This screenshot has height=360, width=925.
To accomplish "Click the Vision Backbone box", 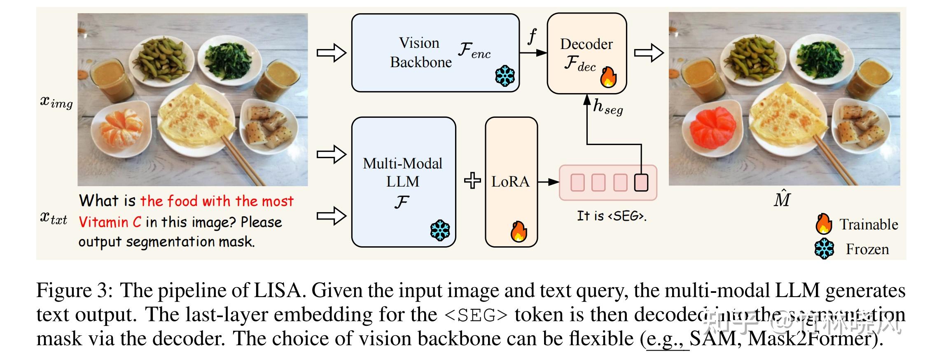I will [435, 53].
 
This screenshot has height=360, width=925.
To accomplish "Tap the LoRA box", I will [511, 182].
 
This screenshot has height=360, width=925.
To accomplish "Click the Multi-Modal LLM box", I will [403, 182].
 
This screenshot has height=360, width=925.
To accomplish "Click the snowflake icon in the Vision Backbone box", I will [505, 76].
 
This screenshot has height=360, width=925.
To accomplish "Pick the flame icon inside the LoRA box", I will [519, 231].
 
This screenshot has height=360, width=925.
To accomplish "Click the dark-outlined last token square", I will [641, 182].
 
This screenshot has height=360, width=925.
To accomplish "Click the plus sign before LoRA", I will [472, 181].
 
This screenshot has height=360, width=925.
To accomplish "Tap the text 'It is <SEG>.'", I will [611, 216].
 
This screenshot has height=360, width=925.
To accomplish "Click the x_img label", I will [56, 102].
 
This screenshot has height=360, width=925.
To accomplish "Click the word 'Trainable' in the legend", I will [869, 224].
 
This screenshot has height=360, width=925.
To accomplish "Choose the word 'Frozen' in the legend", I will [867, 249].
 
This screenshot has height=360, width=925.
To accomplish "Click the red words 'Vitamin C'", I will [110, 222].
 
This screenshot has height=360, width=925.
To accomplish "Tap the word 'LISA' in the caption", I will [278, 291].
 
